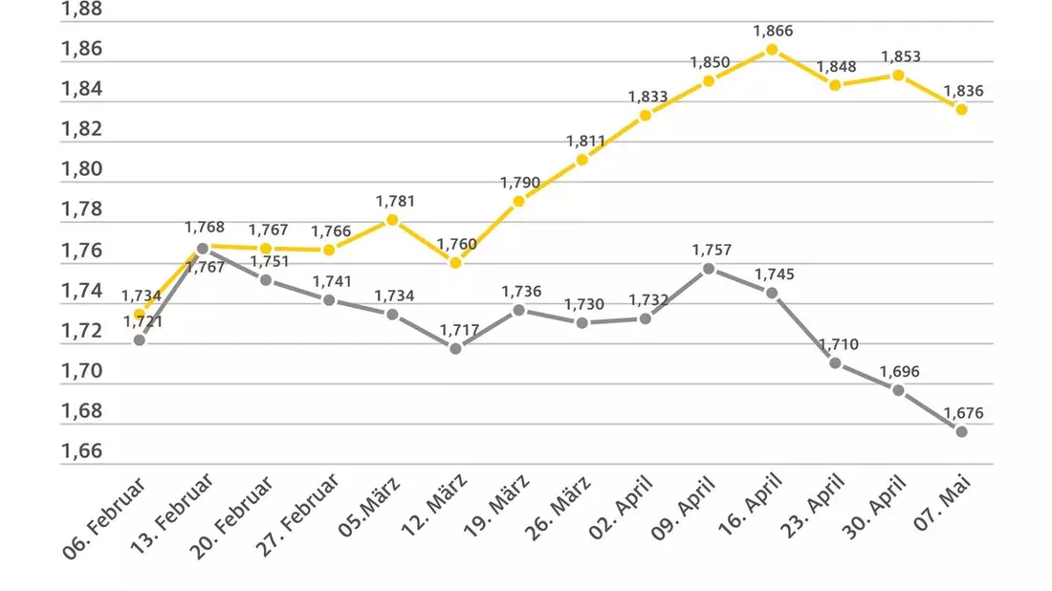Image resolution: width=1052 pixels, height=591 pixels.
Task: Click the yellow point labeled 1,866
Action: pyautogui.click(x=772, y=50)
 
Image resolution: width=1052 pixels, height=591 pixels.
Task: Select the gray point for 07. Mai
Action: pyautogui.click(x=961, y=432)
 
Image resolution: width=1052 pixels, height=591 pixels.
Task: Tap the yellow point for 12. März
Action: pyautogui.click(x=455, y=264)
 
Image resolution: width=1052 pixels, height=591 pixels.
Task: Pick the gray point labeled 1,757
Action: pyautogui.click(x=709, y=269)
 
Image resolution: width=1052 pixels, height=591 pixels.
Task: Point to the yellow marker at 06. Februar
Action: pyautogui.click(x=140, y=315)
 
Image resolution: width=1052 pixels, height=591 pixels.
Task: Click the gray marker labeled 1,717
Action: pyautogui.click(x=455, y=349)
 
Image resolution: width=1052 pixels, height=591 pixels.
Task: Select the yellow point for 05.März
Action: pyautogui.click(x=392, y=220)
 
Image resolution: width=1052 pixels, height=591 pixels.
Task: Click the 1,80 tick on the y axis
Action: pyautogui.click(x=82, y=169)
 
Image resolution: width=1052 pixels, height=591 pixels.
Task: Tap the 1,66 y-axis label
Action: pyautogui.click(x=82, y=450)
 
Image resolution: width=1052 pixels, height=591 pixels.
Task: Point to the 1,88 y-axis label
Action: pyautogui.click(x=82, y=10)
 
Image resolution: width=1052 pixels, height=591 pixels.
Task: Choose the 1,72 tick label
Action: pyautogui.click(x=82, y=331)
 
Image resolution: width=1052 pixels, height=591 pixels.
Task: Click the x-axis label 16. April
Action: pyautogui.click(x=750, y=505)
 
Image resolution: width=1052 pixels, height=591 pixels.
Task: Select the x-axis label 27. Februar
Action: pyautogui.click(x=297, y=515)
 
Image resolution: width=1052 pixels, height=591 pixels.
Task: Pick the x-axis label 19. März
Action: pyautogui.click(x=496, y=506)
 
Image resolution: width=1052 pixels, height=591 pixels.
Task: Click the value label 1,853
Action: pyautogui.click(x=900, y=57)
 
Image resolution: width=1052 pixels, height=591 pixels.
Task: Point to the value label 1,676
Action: pyautogui.click(x=963, y=413)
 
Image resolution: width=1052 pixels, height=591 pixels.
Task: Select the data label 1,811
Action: pyautogui.click(x=585, y=142)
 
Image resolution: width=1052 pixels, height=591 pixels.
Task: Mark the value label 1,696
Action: pyautogui.click(x=899, y=372)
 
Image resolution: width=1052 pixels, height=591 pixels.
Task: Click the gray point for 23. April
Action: pyautogui.click(x=835, y=363)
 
